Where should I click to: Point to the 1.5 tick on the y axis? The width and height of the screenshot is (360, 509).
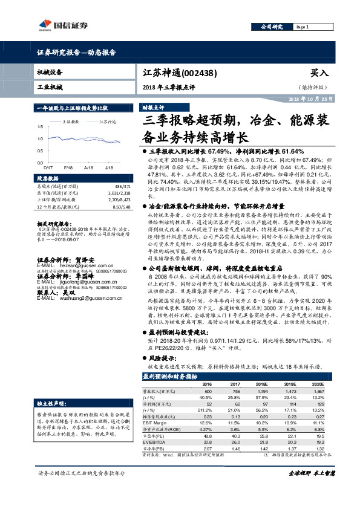pos(40,127)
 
